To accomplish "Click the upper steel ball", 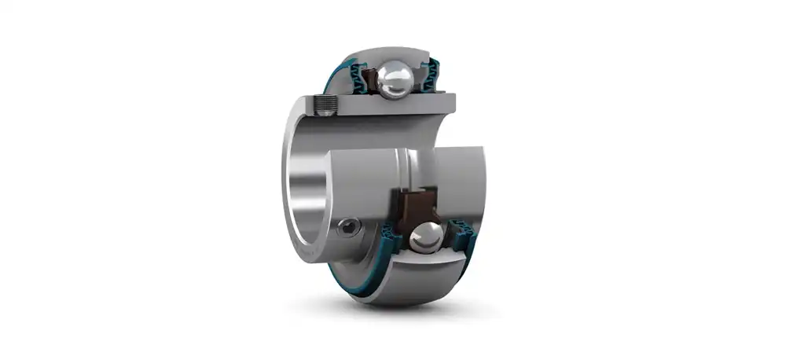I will tap(394, 79).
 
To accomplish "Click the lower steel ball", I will tap(425, 237).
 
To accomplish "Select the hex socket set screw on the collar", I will tap(347, 228).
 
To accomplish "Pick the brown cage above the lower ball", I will tap(415, 206).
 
